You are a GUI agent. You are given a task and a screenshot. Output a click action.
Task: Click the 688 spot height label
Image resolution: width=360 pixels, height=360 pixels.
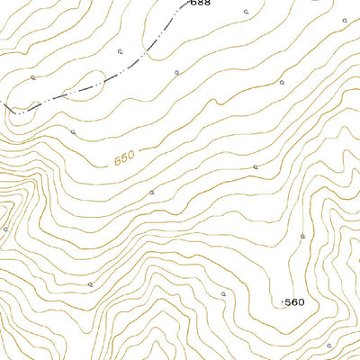pos(200,4)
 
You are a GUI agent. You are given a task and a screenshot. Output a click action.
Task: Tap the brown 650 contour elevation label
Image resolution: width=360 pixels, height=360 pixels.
pos(124,158)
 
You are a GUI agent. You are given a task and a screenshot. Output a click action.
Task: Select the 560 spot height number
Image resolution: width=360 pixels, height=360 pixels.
pos(295,302)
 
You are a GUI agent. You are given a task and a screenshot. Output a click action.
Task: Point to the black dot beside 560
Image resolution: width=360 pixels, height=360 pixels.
pos(283,302)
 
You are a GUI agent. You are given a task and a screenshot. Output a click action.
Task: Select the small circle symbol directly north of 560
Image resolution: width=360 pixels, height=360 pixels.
pos(303,235)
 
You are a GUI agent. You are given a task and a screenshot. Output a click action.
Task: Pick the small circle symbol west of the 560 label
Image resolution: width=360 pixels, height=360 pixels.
pos(223,293)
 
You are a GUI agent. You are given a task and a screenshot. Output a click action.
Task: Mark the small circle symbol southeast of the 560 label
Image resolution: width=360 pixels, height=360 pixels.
pos(328,345)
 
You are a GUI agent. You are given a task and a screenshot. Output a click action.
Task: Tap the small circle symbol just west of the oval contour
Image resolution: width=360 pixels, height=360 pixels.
pos(32,77)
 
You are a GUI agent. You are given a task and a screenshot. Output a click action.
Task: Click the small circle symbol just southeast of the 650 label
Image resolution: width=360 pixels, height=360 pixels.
pos(152,192)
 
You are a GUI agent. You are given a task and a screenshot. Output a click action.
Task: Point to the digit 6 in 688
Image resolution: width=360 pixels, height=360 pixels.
pos(193,4)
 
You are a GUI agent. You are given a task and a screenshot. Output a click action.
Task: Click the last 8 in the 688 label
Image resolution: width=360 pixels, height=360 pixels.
pos(207,4)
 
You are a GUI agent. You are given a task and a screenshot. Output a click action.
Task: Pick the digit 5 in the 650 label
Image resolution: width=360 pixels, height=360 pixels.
pos(124,158)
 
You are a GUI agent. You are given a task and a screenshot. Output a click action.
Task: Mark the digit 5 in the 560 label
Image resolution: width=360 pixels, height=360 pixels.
pos(288,302)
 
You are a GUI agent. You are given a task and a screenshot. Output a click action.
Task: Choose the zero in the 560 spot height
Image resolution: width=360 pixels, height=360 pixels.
pos(302,302)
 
